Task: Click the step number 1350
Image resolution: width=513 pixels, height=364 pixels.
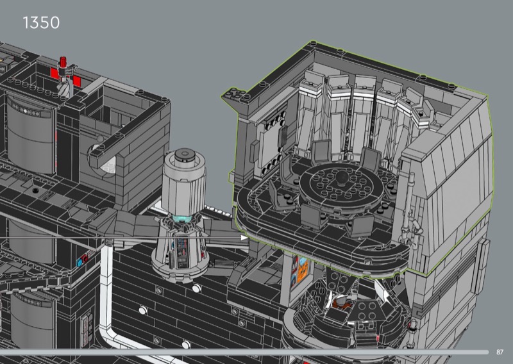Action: coord(41,23)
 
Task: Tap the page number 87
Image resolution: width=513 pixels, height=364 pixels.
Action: coord(500,352)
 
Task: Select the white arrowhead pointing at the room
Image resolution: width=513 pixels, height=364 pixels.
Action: coord(244,238)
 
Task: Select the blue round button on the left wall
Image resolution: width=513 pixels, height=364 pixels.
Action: coord(80,262)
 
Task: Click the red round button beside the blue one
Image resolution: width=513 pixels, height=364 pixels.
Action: coord(85,259)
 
